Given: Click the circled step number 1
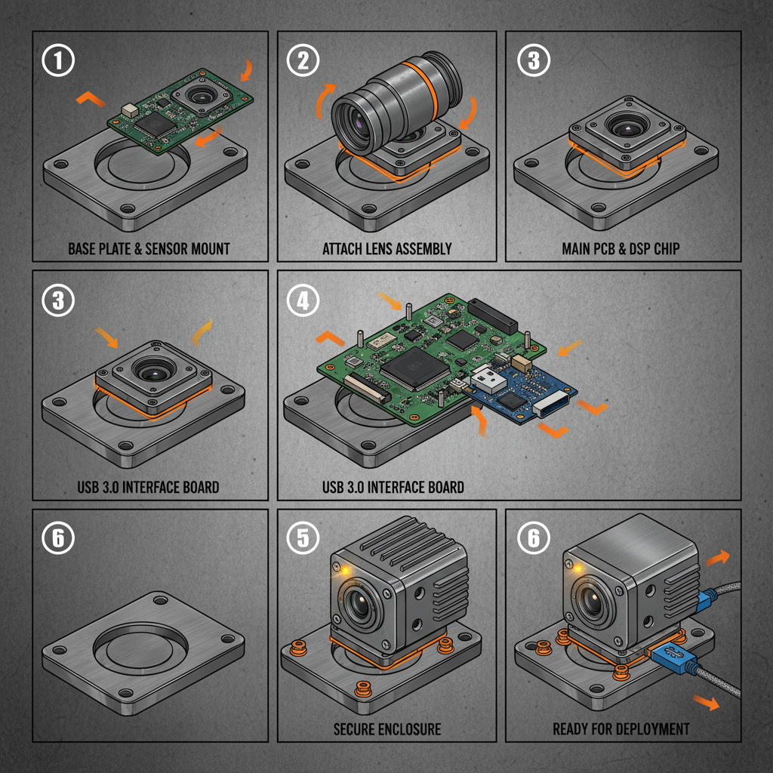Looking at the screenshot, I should pyautogui.click(x=60, y=60).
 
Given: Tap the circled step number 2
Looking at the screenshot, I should pyautogui.click(x=303, y=60).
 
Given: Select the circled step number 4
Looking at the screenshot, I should pyautogui.click(x=303, y=300).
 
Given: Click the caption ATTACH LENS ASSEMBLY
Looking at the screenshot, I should pyautogui.click(x=387, y=248).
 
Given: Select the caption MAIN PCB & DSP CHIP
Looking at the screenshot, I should pyautogui.click(x=622, y=248).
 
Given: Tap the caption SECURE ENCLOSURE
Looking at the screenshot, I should pyautogui.click(x=387, y=729).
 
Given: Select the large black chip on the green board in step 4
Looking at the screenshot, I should pyautogui.click(x=408, y=370).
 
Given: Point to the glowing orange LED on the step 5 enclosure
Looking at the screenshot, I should pyautogui.click(x=343, y=570).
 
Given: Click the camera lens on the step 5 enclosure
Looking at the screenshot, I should pyautogui.click(x=364, y=604).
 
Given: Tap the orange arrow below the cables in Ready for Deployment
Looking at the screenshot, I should pyautogui.click(x=707, y=702).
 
